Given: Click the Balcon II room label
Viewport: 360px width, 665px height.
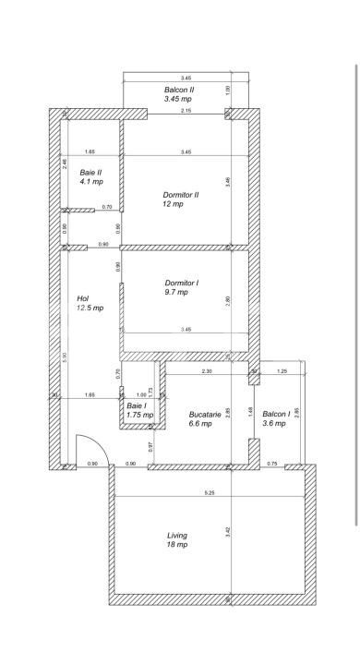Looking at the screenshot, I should pyautogui.click(x=179, y=90).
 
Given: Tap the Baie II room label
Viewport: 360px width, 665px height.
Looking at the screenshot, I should pyautogui.click(x=90, y=172).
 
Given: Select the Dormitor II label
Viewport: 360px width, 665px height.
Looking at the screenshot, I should pyautogui.click(x=181, y=195).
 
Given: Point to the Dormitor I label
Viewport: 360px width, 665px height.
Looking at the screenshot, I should pyautogui.click(x=182, y=283).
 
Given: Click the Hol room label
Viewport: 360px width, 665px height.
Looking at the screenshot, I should pyautogui.click(x=82, y=298).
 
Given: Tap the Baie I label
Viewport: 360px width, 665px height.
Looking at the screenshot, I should pyautogui.click(x=136, y=405).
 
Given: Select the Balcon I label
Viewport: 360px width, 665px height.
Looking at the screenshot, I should pyautogui.click(x=276, y=414).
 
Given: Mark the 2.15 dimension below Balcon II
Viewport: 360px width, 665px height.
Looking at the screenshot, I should pyautogui.click(x=186, y=111).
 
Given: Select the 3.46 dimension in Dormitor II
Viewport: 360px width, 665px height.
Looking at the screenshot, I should pyautogui.click(x=228, y=183).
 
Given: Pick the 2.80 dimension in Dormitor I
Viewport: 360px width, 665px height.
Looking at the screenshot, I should pyautogui.click(x=228, y=299).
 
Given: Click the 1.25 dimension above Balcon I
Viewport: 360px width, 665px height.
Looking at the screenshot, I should pyautogui.click(x=282, y=370).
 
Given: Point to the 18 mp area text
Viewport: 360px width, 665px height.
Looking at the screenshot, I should pyautogui.click(x=176, y=545).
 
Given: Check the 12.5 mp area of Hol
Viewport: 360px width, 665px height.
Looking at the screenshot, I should pyautogui.click(x=90, y=308).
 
